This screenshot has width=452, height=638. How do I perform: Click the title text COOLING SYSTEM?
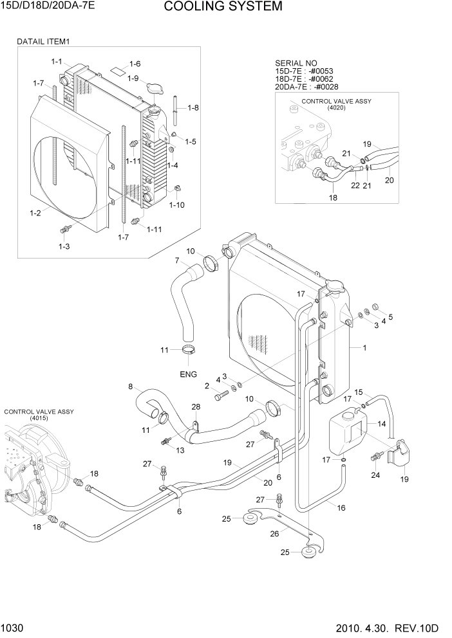pyautogui.click(x=223, y=7)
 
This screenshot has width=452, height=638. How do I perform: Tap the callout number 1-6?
pyautogui.click(x=135, y=64)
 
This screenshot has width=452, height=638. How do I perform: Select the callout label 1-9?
pyautogui.click(x=133, y=78)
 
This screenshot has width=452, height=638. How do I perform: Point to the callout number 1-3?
pyautogui.click(x=64, y=246)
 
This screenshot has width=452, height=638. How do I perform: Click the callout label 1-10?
pyautogui.click(x=177, y=205)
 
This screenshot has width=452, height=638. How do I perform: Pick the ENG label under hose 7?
pyautogui.click(x=188, y=374)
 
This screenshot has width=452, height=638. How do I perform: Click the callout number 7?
pyautogui.click(x=176, y=260)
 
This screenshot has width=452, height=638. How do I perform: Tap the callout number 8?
pyautogui.click(x=131, y=387)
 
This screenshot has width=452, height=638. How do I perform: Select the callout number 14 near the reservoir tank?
pyautogui.click(x=381, y=424)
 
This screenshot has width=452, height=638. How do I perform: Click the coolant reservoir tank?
pyautogui.click(x=346, y=434)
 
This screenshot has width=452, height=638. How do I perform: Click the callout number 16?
pyautogui.click(x=341, y=507)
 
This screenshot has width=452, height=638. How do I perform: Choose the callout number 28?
pyautogui.click(x=196, y=406)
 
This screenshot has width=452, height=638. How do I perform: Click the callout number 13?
pyautogui.click(x=180, y=450)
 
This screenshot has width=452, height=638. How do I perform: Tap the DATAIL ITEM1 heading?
pyautogui.click(x=42, y=41)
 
